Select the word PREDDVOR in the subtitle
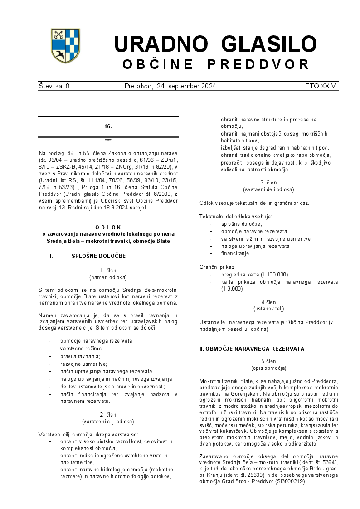point(258,64)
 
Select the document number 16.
point(108,126)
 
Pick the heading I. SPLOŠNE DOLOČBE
point(98,256)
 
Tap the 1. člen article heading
point(108,271)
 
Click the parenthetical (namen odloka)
point(108,277)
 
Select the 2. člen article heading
point(108,415)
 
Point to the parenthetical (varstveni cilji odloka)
point(108,422)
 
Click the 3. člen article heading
point(268,182)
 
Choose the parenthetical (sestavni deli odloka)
point(268,189)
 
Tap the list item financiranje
point(235,253)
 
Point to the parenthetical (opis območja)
point(268,368)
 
